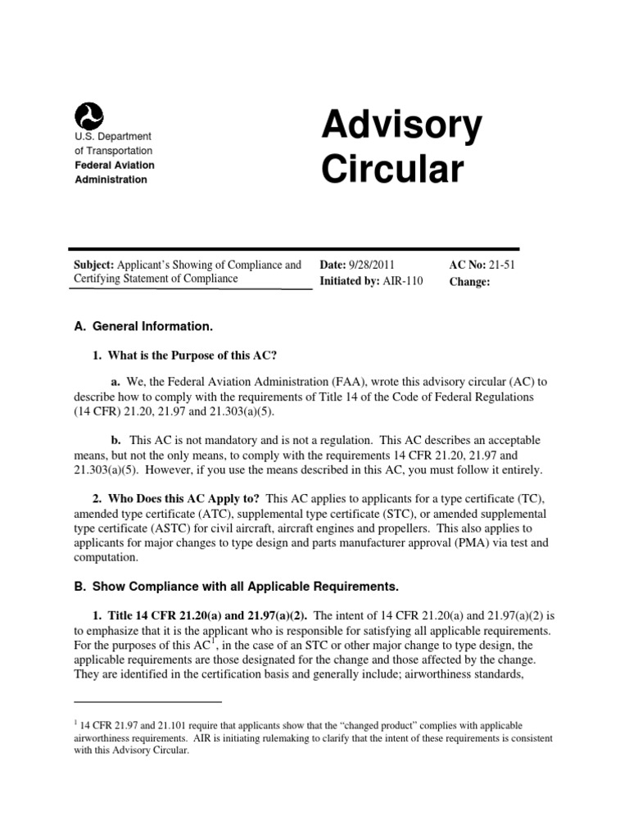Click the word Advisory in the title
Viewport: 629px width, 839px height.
click(x=401, y=126)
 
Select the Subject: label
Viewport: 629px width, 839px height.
click(x=93, y=265)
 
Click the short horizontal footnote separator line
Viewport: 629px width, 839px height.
click(x=148, y=702)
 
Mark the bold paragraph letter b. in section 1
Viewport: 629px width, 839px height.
click(x=116, y=440)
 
